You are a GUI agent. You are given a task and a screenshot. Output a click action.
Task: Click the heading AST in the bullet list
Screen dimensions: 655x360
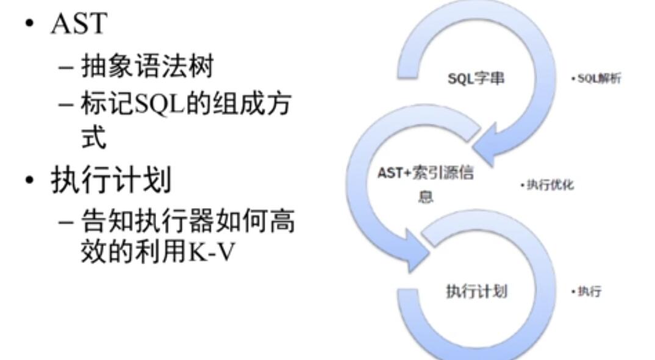(x=79, y=23)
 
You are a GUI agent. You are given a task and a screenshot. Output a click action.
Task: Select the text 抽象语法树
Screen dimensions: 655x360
(x=148, y=65)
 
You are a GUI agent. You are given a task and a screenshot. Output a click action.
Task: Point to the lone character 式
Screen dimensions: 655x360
(x=94, y=137)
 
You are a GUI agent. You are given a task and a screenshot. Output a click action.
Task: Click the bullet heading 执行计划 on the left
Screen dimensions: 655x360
(x=111, y=180)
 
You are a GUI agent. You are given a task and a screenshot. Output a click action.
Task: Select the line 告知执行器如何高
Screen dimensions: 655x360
(x=188, y=222)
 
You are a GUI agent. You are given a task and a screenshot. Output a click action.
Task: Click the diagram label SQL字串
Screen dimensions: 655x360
(x=476, y=79)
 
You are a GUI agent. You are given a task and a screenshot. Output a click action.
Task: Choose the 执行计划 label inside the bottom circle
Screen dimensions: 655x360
(x=476, y=291)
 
